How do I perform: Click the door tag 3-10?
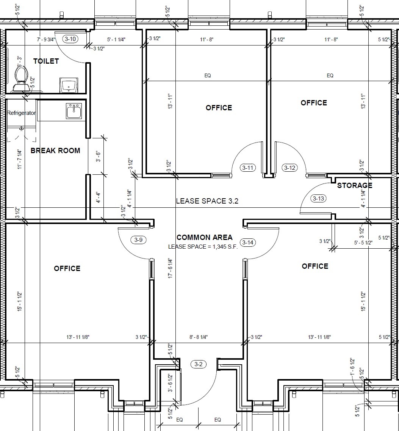click(x=70, y=39)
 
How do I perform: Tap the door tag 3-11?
click(x=248, y=168)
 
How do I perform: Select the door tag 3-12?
click(x=289, y=168)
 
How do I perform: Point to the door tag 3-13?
click(x=319, y=198)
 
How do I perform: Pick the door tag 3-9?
click(x=139, y=240)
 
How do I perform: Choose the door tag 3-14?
click(x=247, y=243)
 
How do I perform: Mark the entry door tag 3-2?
click(x=199, y=365)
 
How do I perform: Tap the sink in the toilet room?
click(x=69, y=85)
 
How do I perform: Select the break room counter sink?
click(x=74, y=111)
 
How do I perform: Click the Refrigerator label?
click(x=21, y=113)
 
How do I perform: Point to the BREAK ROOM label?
click(x=55, y=150)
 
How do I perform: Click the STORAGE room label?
click(x=355, y=185)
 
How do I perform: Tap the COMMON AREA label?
click(x=205, y=238)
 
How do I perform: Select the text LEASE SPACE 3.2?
click(x=207, y=201)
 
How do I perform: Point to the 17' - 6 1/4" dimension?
click(x=170, y=268)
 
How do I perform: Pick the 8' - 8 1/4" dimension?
click(x=199, y=337)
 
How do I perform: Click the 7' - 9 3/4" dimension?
click(x=46, y=39)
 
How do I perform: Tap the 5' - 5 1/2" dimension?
click(x=363, y=243)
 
